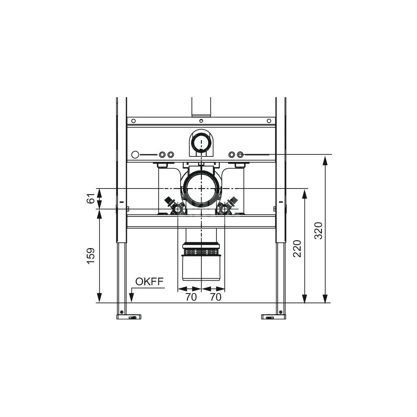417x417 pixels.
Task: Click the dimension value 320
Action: (318, 231)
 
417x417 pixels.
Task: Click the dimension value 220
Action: (297, 249)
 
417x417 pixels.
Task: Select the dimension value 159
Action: (90, 256)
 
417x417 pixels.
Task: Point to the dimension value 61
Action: (90, 198)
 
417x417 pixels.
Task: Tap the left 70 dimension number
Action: (191, 297)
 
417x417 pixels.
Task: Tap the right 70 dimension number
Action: (216, 297)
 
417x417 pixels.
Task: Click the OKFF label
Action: (149, 281)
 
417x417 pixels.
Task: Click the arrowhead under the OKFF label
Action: (131, 297)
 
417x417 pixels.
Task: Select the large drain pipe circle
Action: (201, 188)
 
